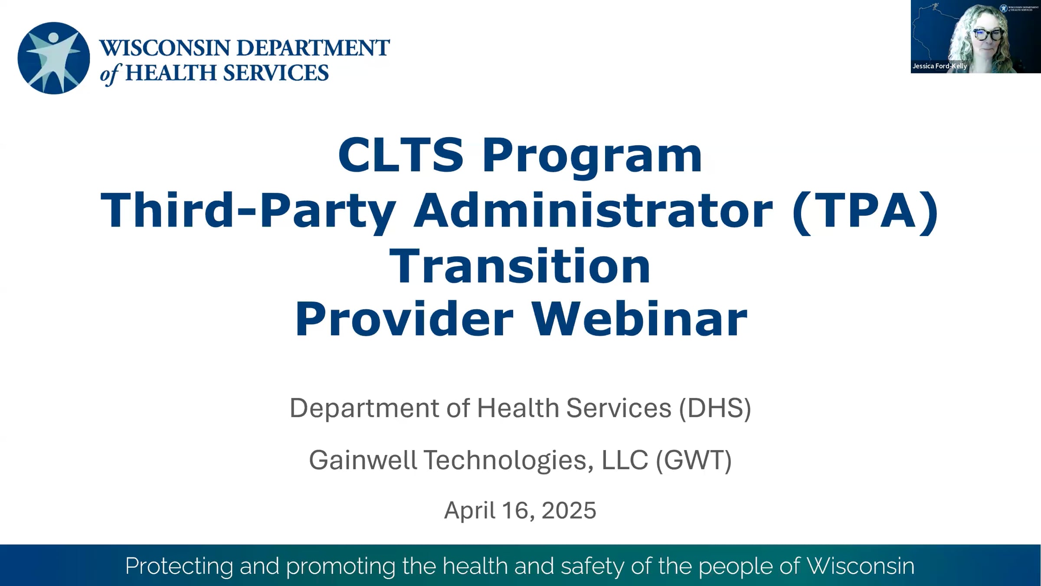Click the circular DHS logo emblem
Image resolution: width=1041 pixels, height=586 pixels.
tap(54, 58)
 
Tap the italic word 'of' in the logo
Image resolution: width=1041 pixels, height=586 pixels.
tap(109, 74)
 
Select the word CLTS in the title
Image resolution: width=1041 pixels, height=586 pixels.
tap(401, 155)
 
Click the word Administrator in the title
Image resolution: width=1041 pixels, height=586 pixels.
tap(593, 210)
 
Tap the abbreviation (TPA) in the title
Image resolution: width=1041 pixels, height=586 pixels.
tap(865, 211)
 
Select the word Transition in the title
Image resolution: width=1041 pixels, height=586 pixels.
tap(520, 266)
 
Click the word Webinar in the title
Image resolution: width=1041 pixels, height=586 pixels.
tap(639, 319)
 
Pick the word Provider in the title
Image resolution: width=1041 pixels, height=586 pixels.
tap(404, 319)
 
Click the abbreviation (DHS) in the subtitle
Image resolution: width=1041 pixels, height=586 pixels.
tap(715, 408)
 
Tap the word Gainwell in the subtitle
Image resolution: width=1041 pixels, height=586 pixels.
tap(363, 460)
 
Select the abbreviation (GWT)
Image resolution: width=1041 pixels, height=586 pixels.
tap(694, 460)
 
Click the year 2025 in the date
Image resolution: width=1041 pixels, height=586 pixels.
tap(569, 510)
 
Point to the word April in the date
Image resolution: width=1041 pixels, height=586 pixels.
tap(469, 510)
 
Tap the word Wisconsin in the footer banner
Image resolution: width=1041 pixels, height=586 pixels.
tap(860, 566)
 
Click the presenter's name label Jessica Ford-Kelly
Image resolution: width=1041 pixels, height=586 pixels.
tap(940, 66)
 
